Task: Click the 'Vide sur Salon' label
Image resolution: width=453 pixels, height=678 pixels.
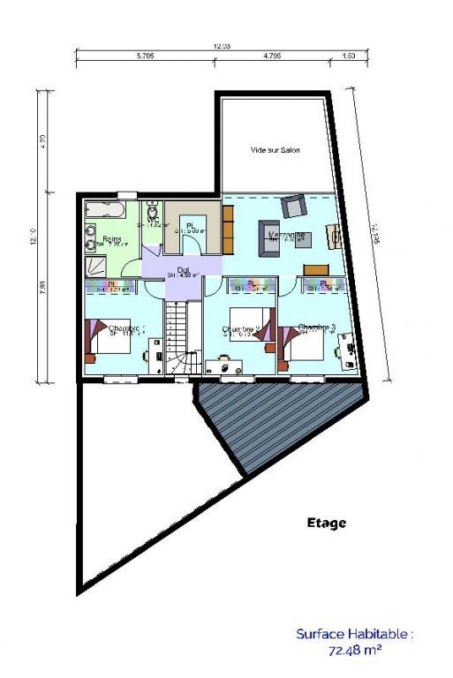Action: tap(276, 150)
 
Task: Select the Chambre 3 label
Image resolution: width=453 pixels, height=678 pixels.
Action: tap(316, 328)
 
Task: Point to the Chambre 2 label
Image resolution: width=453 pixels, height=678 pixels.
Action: tap(240, 330)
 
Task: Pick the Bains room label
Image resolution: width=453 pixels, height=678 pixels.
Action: tap(111, 239)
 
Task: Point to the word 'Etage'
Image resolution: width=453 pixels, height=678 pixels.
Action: tap(327, 523)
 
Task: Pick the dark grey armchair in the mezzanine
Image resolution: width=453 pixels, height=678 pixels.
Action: tap(292, 207)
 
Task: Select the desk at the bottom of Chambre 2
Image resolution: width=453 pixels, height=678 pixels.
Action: tap(225, 365)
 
